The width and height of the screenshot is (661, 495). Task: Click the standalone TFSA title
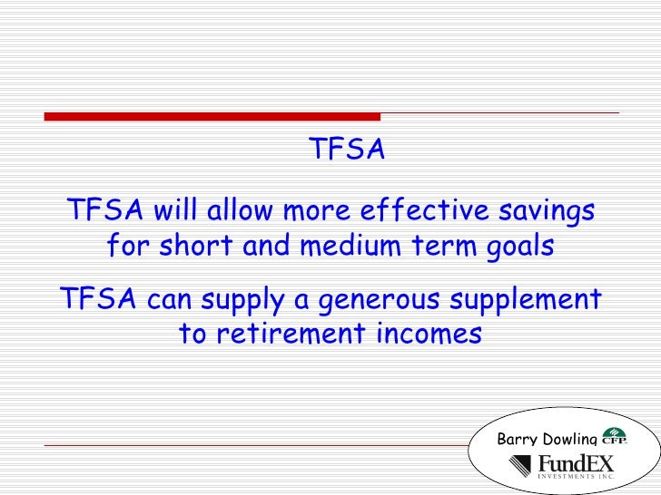pyautogui.click(x=348, y=149)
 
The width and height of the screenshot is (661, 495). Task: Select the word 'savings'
pyautogui.click(x=546, y=212)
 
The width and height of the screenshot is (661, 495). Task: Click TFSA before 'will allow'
pyautogui.click(x=104, y=212)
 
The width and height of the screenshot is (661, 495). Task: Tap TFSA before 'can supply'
pyautogui.click(x=97, y=298)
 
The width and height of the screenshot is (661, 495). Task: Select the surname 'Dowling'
pyautogui.click(x=571, y=441)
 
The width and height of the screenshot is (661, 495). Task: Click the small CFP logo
pyautogui.click(x=614, y=437)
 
